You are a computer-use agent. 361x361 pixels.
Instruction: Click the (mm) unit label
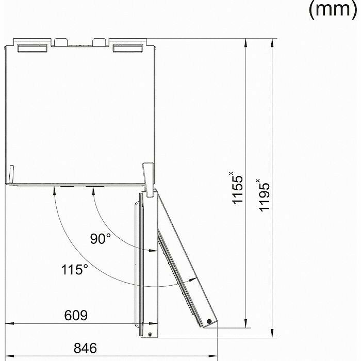pos(333,9)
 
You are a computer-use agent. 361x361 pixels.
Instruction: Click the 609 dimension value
pos(76,315)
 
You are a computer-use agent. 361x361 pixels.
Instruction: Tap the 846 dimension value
pos(85,348)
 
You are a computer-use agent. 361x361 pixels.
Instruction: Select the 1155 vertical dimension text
pos(237,188)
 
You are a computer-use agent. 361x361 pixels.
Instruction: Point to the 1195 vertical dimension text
pos(264,195)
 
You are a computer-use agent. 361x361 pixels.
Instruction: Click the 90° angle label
pos(101,238)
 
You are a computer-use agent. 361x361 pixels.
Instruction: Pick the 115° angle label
pos(75,269)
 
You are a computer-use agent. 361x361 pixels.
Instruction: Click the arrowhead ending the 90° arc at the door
pos(153,250)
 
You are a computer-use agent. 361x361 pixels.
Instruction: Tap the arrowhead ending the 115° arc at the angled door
pos(193,280)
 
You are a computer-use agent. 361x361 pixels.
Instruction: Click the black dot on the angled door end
pos(209,321)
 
